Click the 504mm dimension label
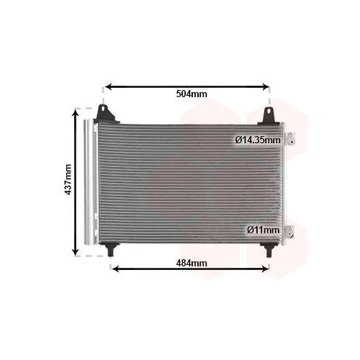(192, 94)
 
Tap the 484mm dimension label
(192, 263)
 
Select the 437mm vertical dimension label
(68, 179)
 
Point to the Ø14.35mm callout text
(258, 140)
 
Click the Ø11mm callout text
(264, 230)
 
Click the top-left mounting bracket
(106, 114)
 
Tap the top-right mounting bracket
(269, 117)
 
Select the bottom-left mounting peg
(110, 249)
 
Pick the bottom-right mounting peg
(269, 250)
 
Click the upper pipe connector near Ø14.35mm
(289, 139)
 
